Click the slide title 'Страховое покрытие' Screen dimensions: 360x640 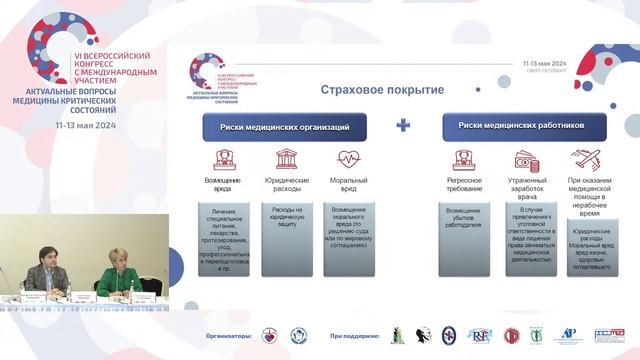382,90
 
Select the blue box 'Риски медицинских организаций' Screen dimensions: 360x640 284,127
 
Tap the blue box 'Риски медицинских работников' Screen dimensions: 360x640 527,126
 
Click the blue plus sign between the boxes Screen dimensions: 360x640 404,126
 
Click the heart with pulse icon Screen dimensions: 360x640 347,160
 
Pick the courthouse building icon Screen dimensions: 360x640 286,160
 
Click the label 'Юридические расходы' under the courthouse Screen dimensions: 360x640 286,185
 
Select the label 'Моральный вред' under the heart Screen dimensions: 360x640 347,185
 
